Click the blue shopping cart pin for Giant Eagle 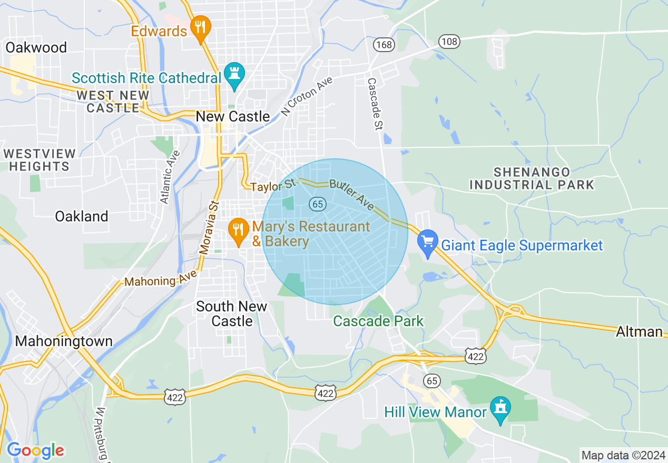[x=428, y=243]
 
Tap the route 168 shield [x=384, y=45]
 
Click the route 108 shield [x=449, y=42]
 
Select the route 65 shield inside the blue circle [x=318, y=204]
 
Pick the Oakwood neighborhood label [x=36, y=47]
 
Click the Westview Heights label [x=39, y=160]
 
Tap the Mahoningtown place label [x=64, y=341]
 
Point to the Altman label [x=639, y=331]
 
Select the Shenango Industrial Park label [x=532, y=178]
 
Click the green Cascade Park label [x=378, y=321]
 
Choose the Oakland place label [x=82, y=216]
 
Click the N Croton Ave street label [x=307, y=95]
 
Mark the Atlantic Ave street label [x=170, y=177]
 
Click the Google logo [x=35, y=450]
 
